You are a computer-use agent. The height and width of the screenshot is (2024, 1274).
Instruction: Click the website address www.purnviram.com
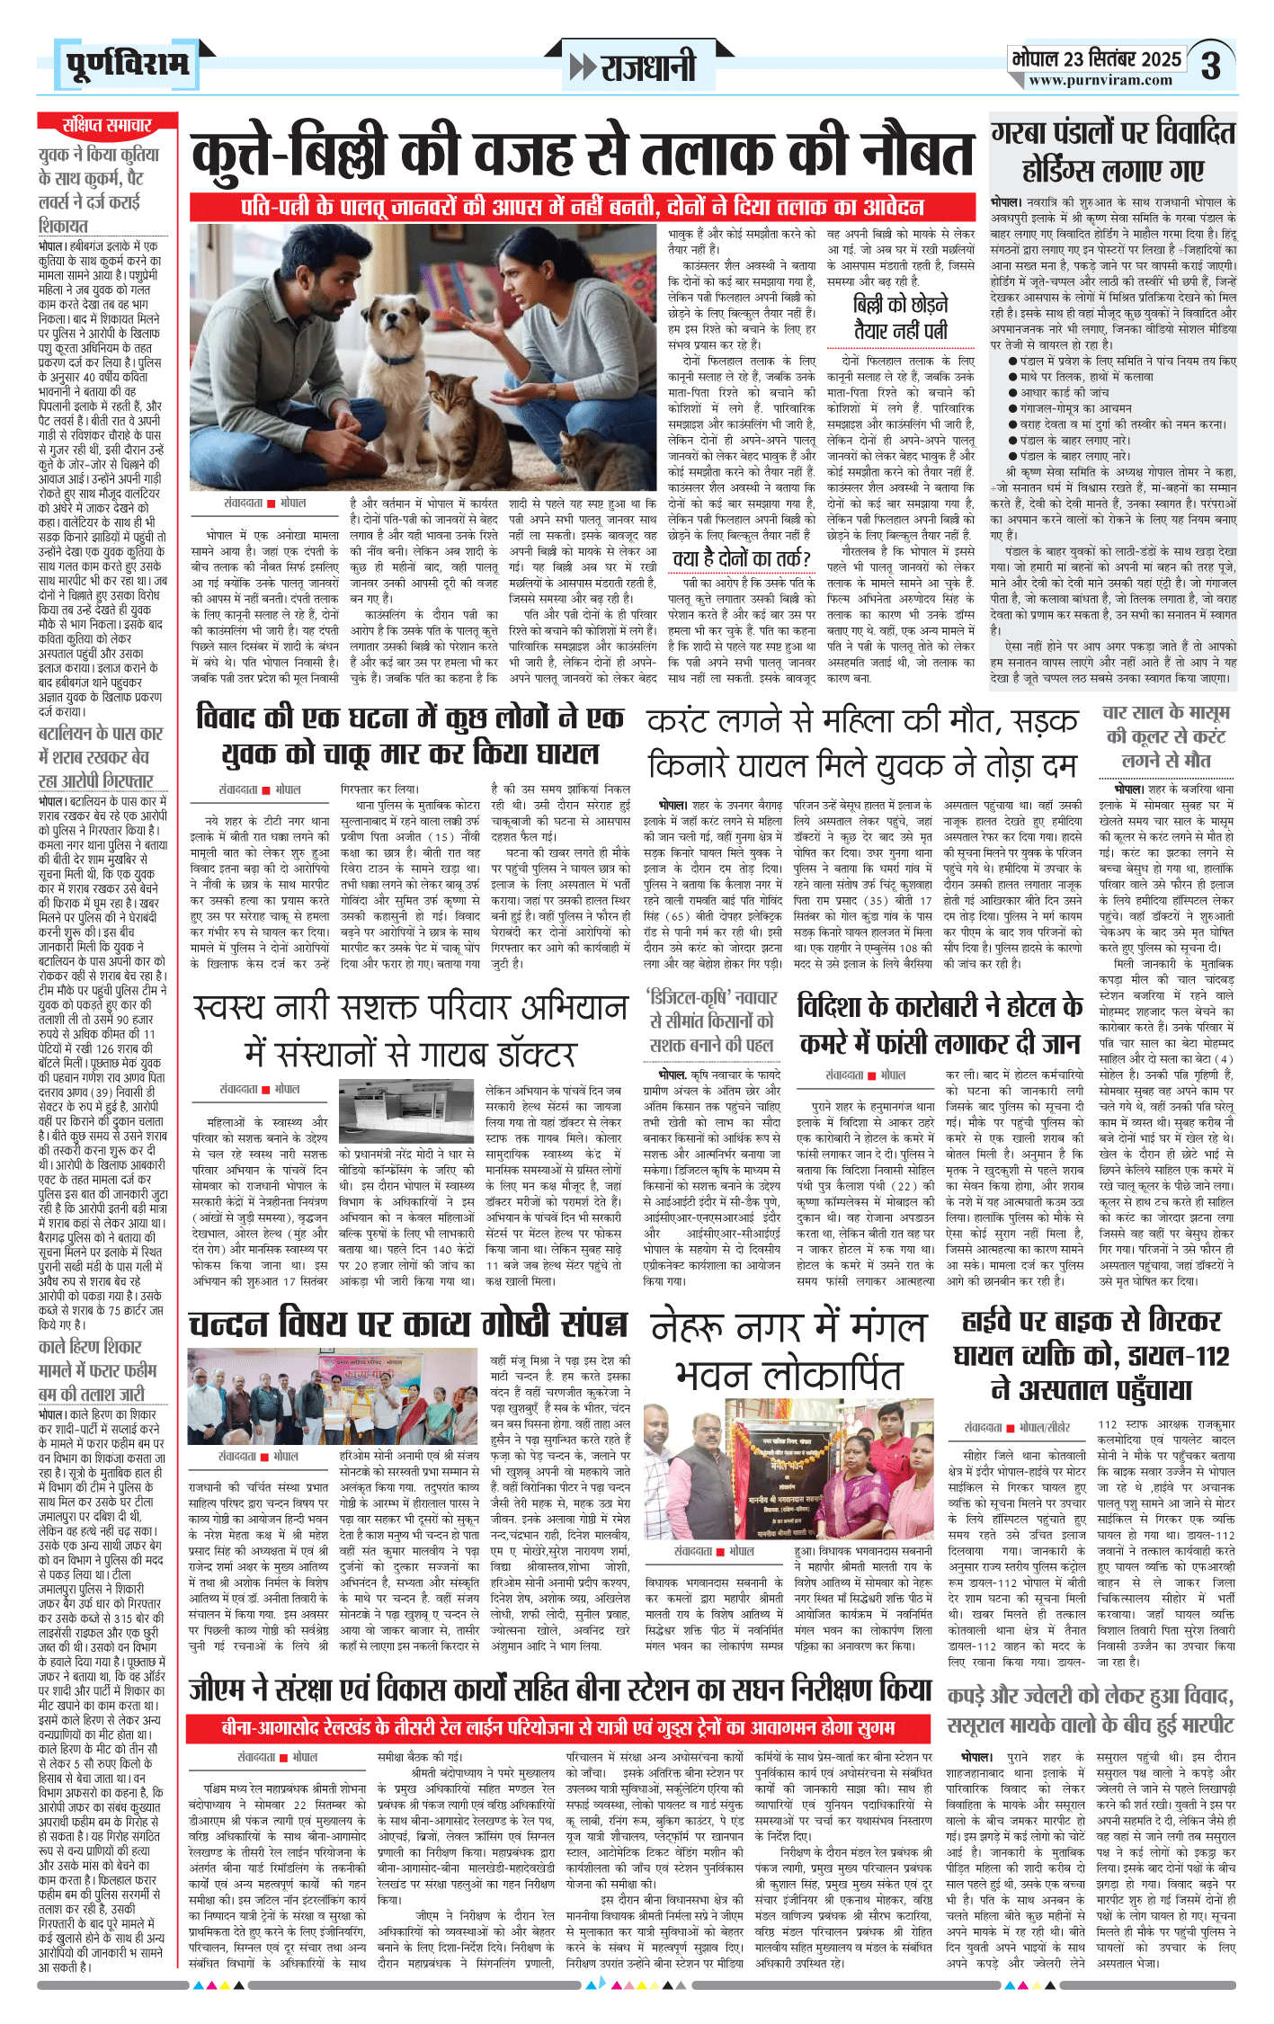[x=1100, y=81]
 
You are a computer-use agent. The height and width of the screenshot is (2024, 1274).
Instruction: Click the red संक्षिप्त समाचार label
[x=107, y=124]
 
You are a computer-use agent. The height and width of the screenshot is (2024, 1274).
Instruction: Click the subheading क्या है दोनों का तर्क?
[x=742, y=558]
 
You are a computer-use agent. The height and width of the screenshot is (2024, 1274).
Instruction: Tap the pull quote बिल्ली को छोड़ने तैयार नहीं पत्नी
[x=900, y=317]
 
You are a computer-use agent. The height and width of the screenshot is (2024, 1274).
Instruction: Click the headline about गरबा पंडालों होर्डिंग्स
[x=1113, y=151]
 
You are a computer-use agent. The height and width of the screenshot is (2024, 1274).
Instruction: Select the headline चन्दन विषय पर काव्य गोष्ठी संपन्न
[x=406, y=1324]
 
